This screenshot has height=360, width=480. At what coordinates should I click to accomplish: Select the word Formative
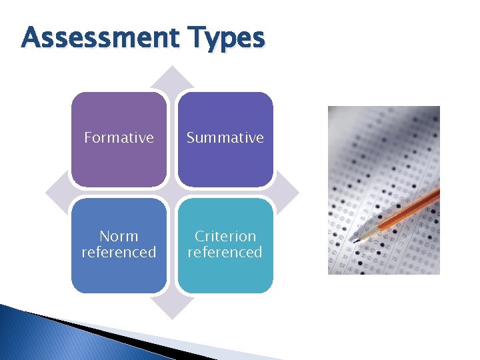[119, 138]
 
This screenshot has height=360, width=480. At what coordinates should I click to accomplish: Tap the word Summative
[225, 138]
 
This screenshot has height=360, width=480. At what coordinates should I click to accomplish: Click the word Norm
[119, 236]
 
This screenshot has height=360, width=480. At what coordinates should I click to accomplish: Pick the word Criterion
[225, 236]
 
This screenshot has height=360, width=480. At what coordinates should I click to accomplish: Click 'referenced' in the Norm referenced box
[119, 252]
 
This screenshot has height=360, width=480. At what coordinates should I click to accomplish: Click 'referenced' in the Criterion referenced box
[225, 252]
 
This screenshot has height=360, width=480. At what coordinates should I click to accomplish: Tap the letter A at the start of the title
[30, 38]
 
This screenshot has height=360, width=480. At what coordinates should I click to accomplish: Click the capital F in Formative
[88, 138]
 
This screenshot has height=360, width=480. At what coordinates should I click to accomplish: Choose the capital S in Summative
[191, 138]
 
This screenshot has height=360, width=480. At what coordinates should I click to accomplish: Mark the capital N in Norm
[104, 236]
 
